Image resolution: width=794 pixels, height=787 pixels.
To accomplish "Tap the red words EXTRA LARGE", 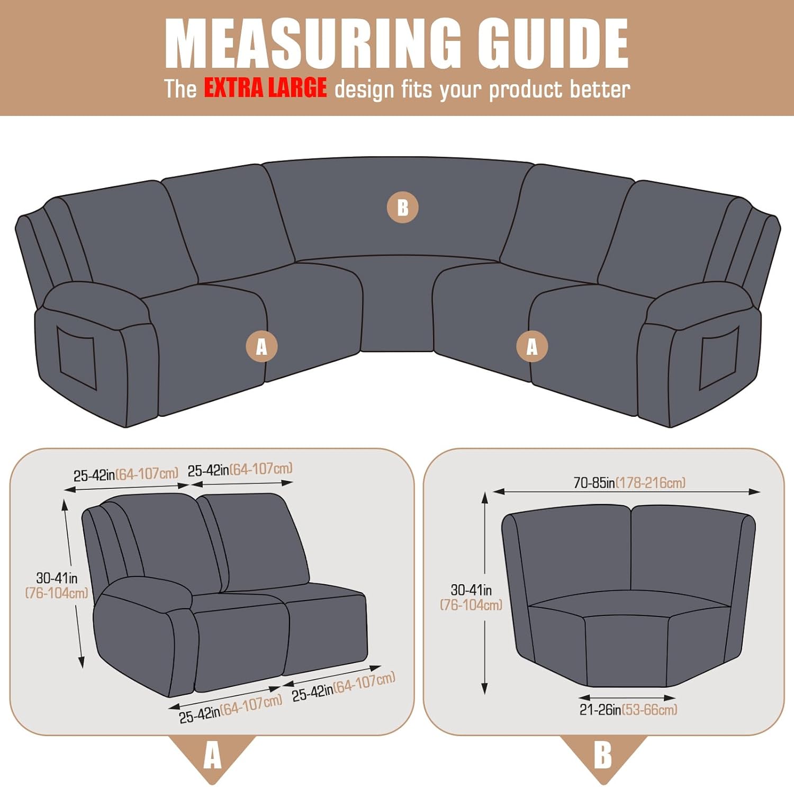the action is [265, 88].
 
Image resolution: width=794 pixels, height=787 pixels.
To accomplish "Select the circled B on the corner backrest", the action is [402, 207].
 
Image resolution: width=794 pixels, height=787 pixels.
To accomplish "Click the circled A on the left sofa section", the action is [261, 347].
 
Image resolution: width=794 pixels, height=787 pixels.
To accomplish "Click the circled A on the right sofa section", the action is [532, 346].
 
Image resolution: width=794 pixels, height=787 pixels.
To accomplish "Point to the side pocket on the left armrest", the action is [77, 357].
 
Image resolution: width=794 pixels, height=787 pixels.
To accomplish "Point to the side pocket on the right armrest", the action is [719, 358].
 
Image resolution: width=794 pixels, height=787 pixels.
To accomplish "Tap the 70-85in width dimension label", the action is [629, 482].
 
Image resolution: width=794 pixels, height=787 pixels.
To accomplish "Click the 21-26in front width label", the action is [628, 710].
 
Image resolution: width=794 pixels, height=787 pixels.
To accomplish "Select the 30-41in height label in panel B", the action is [471, 597].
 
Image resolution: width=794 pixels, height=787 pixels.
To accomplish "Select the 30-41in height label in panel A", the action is [57, 585].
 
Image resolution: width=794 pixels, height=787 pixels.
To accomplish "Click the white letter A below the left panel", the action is [212, 755].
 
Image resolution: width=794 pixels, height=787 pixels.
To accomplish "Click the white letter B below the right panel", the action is [603, 755].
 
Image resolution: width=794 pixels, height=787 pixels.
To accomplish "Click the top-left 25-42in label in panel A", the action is [126, 474].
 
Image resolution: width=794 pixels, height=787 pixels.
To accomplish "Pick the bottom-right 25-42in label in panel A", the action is [344, 686].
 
